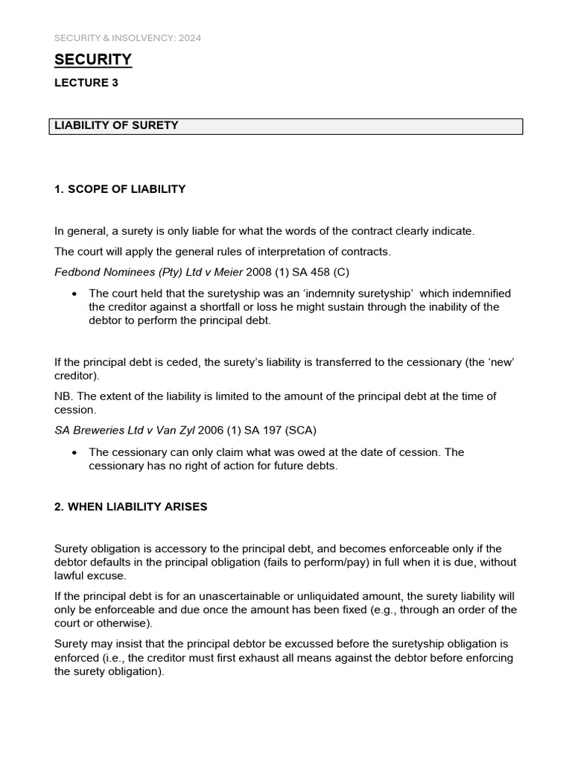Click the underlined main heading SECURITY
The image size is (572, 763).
pos(93,60)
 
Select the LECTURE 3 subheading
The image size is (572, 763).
pos(86,83)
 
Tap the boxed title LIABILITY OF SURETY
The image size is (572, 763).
pos(116,125)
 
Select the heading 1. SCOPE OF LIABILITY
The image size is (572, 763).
pos(120,189)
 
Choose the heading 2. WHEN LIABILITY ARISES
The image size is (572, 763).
pos(131,507)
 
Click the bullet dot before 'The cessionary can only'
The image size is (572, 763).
pos(74,453)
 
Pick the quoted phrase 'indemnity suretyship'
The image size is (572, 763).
pos(356,294)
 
